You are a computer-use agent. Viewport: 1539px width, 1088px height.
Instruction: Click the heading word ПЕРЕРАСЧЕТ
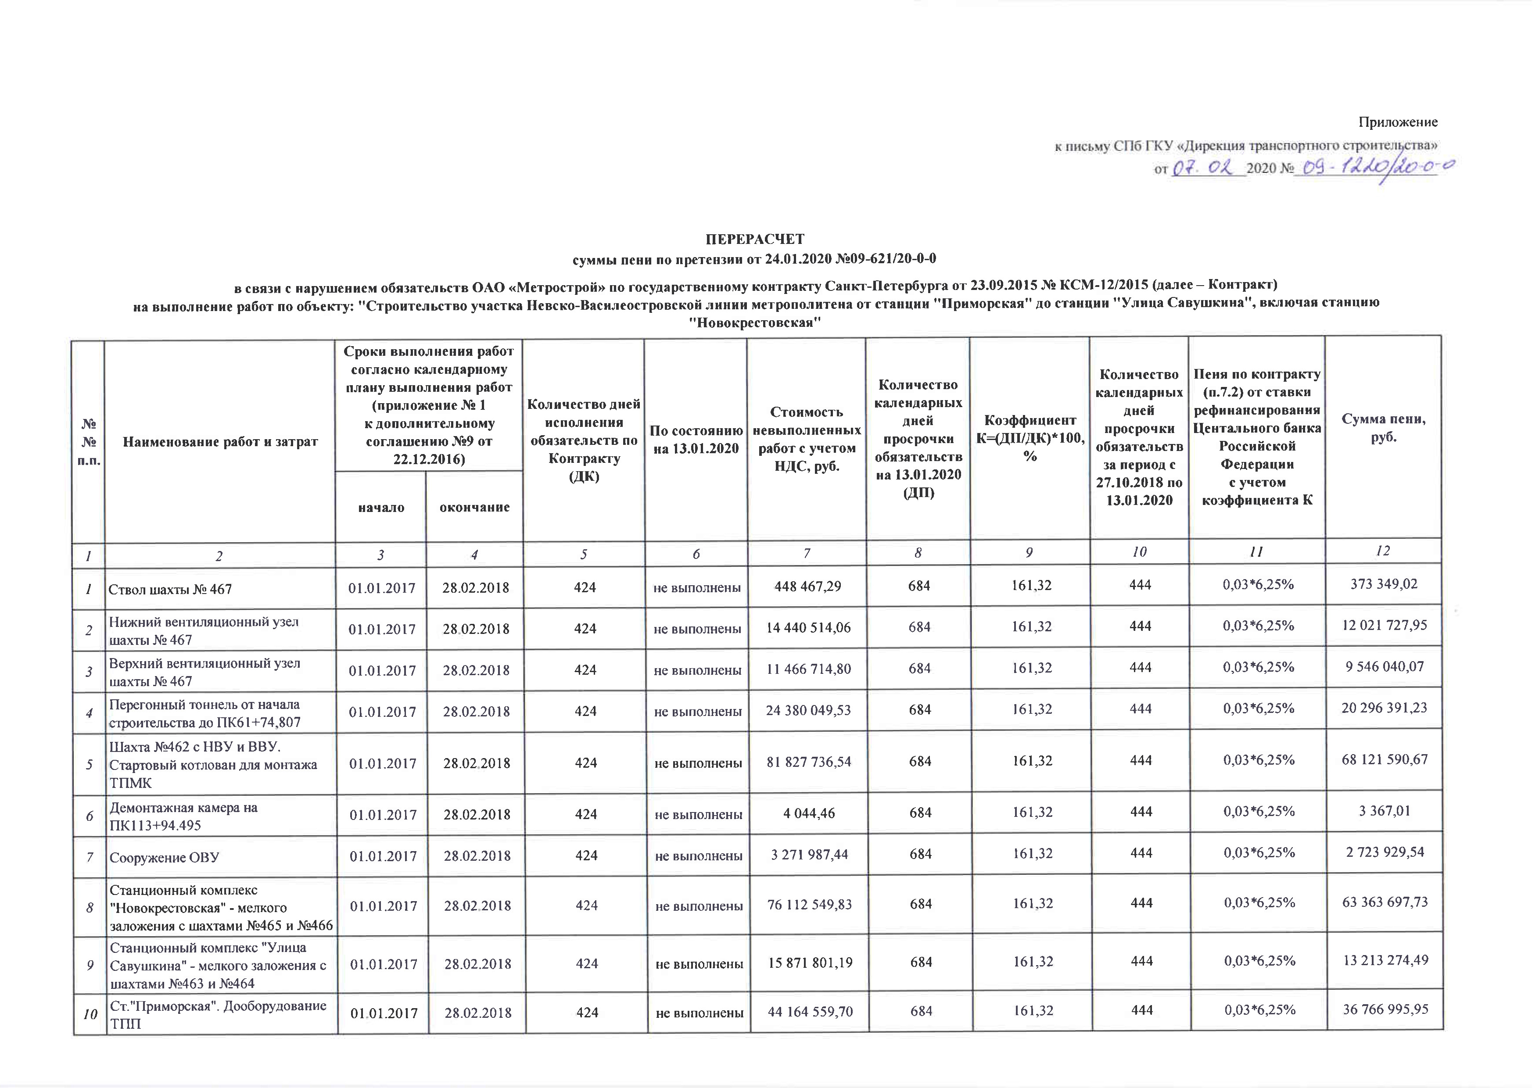pyautogui.click(x=755, y=239)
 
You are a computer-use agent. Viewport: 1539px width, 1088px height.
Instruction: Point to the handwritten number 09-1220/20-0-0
pyautogui.click(x=1374, y=168)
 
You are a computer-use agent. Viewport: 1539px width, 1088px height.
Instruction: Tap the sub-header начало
pyautogui.click(x=381, y=507)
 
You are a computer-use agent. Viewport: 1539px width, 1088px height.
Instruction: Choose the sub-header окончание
pyautogui.click(x=474, y=507)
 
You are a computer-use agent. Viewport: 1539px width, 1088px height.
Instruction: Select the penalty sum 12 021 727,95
pyautogui.click(x=1384, y=625)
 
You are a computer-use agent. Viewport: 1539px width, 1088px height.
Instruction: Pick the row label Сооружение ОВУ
pyautogui.click(x=165, y=857)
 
